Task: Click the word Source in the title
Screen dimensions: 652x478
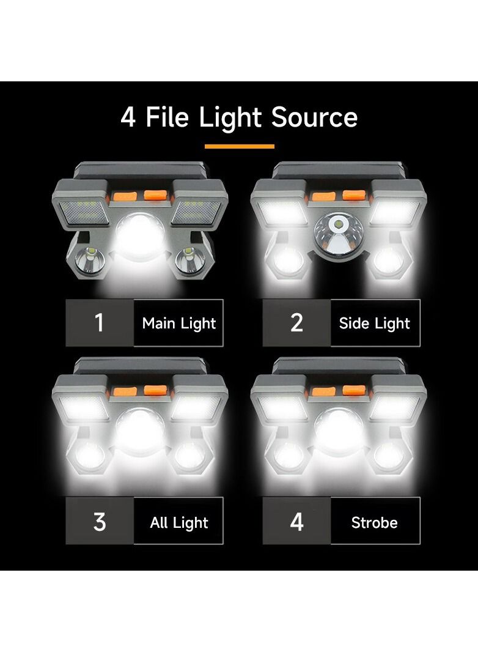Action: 315,117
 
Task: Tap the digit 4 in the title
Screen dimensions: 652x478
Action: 128,117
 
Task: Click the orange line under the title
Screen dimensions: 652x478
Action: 239,146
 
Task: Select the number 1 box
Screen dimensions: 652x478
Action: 100,323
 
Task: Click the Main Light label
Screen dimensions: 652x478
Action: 178,323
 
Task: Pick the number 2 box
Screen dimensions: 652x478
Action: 296,323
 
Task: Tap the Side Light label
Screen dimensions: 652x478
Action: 375,323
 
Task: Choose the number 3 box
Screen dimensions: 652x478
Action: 100,522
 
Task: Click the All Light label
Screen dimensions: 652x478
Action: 178,522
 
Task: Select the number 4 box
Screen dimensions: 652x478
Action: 296,522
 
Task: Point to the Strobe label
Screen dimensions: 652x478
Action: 375,522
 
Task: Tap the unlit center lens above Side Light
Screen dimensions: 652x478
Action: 338,235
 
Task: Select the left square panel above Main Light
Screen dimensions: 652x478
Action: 86,212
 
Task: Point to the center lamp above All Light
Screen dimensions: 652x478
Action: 140,431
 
